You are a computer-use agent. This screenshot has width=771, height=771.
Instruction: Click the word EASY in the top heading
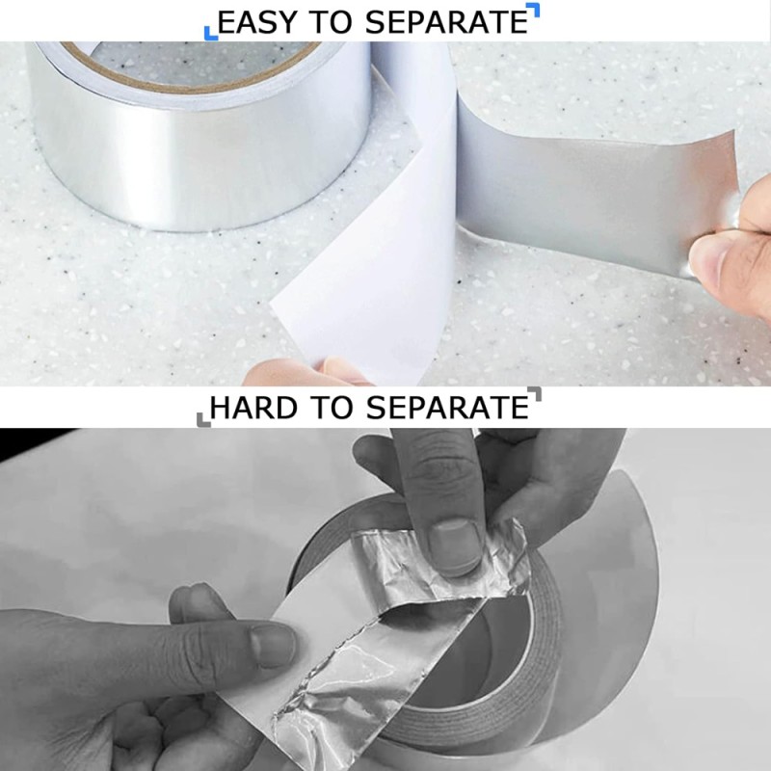[x=257, y=22]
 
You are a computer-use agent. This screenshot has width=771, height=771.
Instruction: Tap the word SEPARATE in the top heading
[x=446, y=22]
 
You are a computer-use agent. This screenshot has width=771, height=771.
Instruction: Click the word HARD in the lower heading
[x=253, y=408]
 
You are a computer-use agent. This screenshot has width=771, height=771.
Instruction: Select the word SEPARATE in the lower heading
[x=447, y=408]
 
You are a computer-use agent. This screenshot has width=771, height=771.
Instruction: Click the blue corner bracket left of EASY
[x=210, y=33]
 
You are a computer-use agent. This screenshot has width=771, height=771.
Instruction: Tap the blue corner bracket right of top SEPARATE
[x=533, y=10]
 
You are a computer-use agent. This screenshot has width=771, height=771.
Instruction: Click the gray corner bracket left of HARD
[x=203, y=419]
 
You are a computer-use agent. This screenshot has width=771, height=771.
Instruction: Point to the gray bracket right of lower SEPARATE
[x=535, y=394]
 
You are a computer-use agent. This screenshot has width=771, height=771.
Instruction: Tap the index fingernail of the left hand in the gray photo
[x=272, y=645]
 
